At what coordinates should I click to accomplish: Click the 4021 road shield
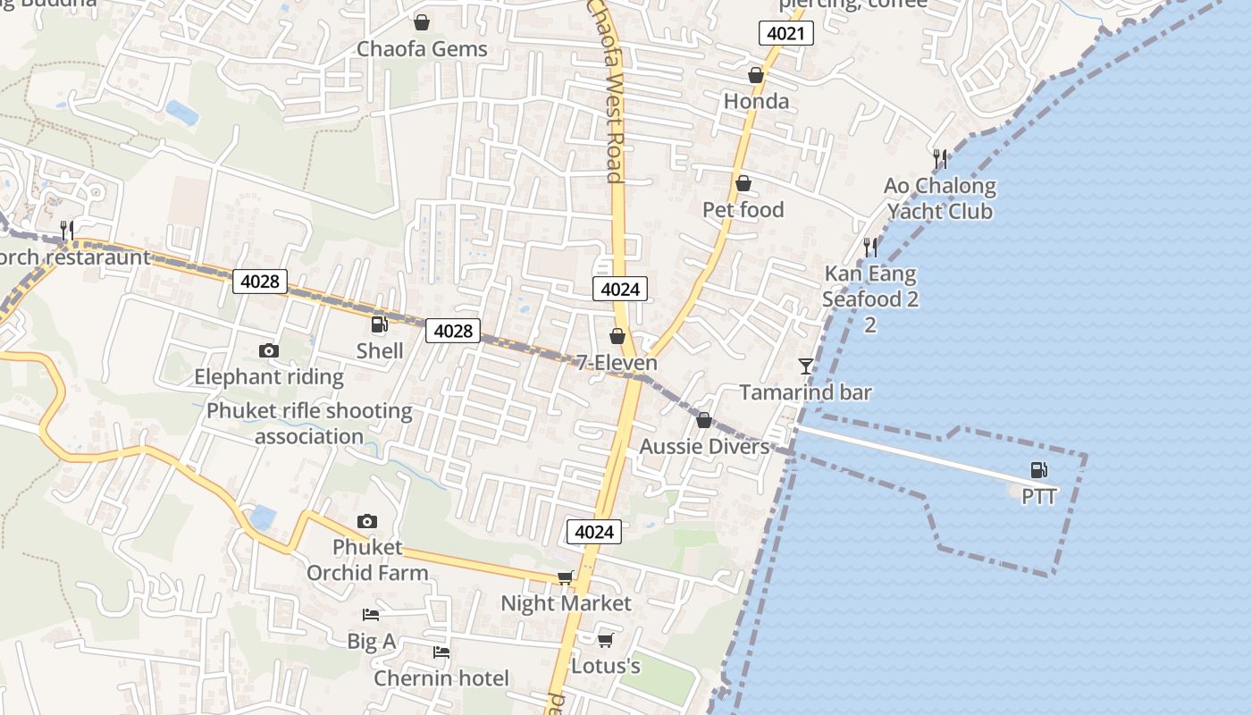pos(786,34)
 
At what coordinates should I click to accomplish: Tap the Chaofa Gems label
pos(422,49)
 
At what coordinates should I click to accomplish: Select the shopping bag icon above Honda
pos(756,75)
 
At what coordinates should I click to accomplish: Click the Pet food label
pos(743,210)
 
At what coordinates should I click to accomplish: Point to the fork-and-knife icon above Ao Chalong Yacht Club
pos(939,159)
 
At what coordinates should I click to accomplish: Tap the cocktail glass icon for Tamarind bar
pos(806,366)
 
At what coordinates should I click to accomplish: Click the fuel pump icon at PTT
pos(1038,469)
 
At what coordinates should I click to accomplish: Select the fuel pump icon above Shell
pos(380,324)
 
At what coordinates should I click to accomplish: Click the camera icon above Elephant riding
pos(268,350)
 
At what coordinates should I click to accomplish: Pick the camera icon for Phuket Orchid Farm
pos(366,521)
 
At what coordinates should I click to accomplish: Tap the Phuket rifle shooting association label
pos(309,424)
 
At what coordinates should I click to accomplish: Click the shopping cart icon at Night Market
pos(565,577)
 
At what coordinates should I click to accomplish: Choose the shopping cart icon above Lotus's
pos(605,640)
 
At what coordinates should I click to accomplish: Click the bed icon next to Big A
pos(371,614)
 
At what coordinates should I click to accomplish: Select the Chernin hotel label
pos(441,678)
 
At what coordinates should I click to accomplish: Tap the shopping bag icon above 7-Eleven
pos(617,336)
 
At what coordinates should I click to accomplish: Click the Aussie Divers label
pos(704,446)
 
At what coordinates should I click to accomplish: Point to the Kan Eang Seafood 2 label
pos(869,286)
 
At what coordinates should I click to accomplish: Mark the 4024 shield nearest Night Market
pos(594,532)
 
